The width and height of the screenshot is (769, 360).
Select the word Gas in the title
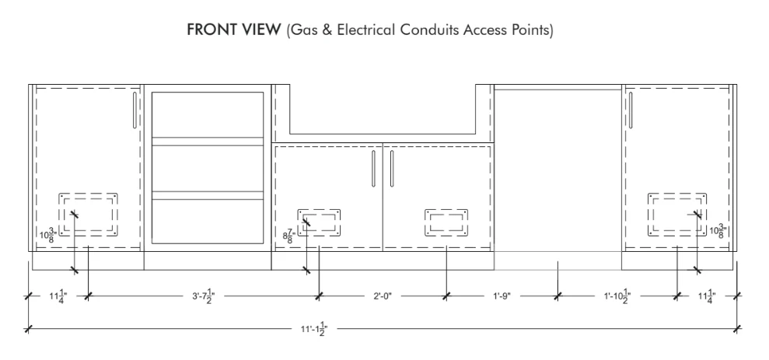click(303, 30)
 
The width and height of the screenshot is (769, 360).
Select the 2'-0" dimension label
click(383, 296)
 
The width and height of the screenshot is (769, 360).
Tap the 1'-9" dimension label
click(502, 296)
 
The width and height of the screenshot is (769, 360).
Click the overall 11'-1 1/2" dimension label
click(314, 329)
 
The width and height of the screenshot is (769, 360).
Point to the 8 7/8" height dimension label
click(288, 236)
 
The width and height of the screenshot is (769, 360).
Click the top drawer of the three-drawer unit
click(208, 115)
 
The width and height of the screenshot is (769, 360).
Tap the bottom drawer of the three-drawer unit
click(208, 221)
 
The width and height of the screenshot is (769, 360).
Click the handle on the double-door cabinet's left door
click(373, 169)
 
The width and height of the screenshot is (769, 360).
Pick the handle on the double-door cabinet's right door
click(392, 169)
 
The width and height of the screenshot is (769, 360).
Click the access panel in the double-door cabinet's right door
click(446, 222)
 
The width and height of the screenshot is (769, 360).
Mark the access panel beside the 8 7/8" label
click(320, 222)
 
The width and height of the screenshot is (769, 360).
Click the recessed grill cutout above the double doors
click(383, 110)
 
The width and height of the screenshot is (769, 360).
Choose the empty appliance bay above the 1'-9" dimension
click(558, 170)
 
